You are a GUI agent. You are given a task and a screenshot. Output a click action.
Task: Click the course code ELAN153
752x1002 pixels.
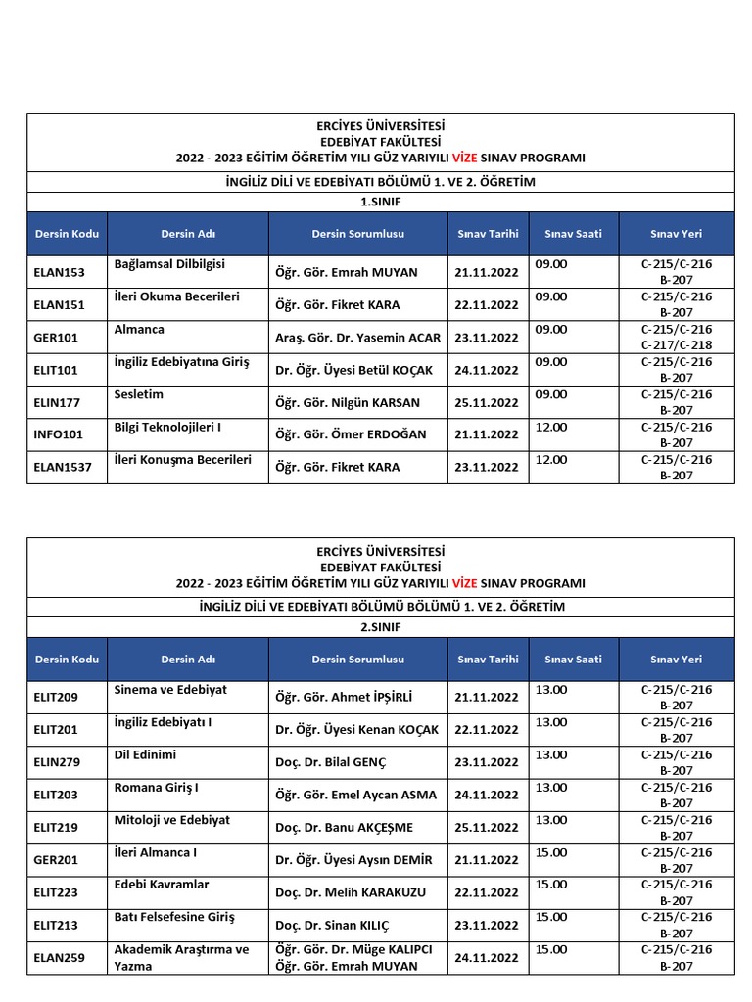tap(59, 273)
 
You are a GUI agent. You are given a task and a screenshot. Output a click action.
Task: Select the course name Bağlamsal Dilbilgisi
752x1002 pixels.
tap(169, 264)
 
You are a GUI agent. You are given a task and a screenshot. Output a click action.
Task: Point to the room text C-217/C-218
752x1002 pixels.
tap(677, 345)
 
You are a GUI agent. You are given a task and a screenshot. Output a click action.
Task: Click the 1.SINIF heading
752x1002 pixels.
tap(381, 202)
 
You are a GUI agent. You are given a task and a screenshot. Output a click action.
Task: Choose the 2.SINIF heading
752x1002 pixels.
tap(381, 626)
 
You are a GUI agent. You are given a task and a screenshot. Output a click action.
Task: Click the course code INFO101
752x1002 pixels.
tap(59, 434)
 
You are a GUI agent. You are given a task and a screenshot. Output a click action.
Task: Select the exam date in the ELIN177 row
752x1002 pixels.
tap(487, 402)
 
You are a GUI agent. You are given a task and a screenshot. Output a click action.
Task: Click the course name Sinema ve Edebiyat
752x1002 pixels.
tap(170, 689)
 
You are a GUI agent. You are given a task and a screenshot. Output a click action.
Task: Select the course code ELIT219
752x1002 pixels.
tap(55, 827)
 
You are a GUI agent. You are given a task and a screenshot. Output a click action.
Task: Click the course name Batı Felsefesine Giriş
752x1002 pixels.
tap(174, 917)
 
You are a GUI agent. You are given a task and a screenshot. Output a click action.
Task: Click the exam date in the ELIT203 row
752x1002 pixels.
tap(487, 795)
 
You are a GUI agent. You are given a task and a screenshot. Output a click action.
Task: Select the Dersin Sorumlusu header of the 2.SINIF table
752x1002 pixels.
tap(357, 660)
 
